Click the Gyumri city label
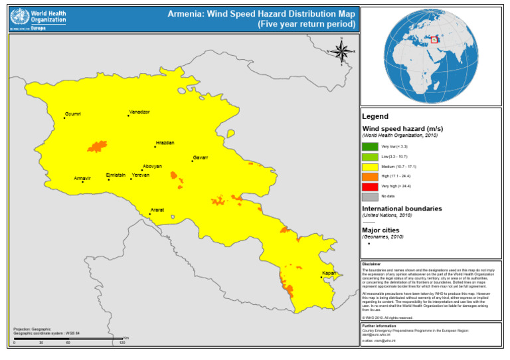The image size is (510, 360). coord(72,114)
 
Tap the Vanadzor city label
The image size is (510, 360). coord(139,112)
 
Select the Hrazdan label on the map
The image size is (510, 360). coord(165,143)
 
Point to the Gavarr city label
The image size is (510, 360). coord(201,157)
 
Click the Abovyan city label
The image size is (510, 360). coord(152,166)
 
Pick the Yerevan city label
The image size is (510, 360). coord(141,175)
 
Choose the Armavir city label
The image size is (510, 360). coord(82,178)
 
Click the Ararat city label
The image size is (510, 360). coord(157,210)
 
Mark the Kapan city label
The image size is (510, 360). coord(329,273)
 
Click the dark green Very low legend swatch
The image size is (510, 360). coord(369,145)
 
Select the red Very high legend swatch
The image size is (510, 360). coord(369,186)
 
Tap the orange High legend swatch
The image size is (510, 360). coord(369,176)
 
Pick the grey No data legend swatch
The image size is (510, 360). coord(369,196)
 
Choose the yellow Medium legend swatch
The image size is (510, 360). coord(369,166)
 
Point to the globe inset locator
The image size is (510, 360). coord(430,54)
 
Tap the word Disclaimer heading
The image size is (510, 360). coord(371,264)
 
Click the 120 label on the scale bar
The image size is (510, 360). coord(122,342)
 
